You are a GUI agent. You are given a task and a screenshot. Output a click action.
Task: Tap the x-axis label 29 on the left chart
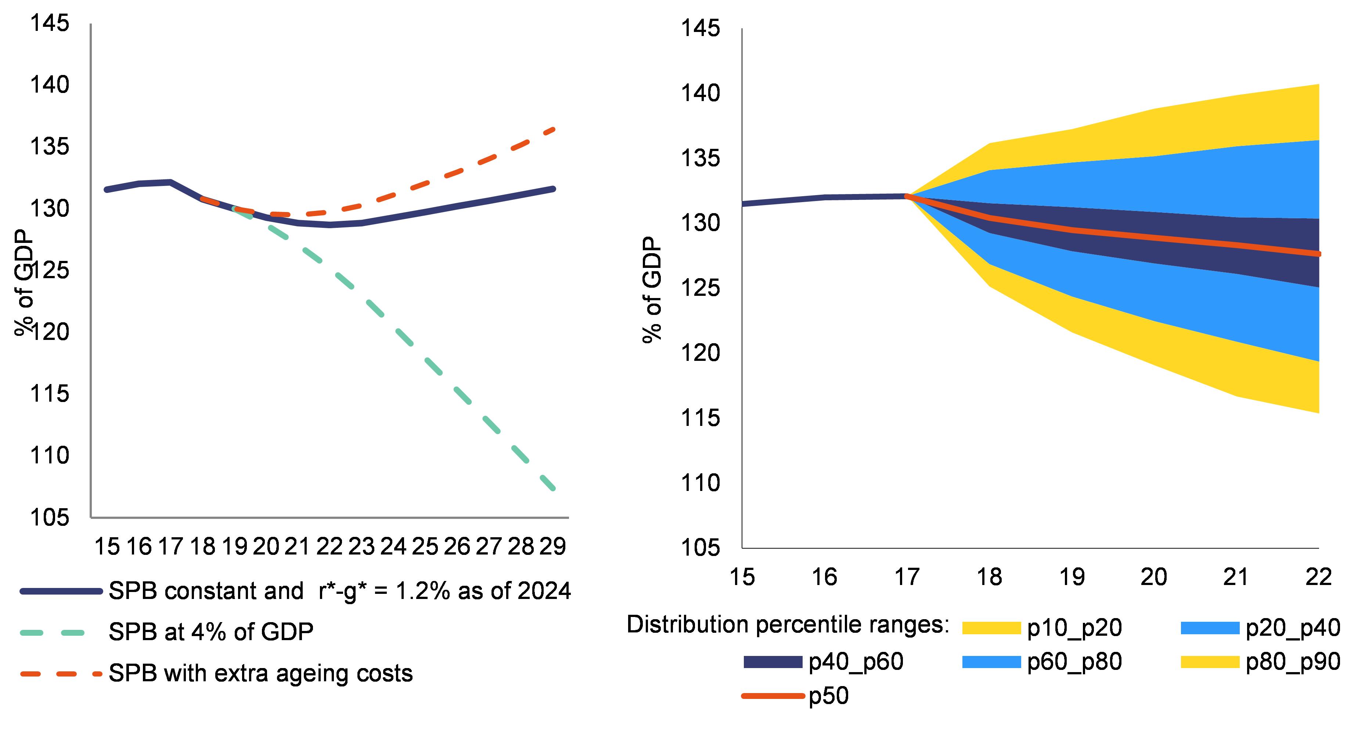tap(553, 546)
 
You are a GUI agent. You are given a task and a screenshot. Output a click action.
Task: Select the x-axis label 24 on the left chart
tap(393, 546)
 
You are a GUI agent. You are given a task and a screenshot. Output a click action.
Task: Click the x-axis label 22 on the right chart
tap(1318, 577)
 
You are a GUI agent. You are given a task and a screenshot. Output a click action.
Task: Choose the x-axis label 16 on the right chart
tap(824, 577)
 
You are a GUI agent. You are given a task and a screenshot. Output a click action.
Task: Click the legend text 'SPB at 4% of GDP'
tap(211, 631)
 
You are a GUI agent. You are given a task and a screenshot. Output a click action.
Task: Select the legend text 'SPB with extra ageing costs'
tap(260, 674)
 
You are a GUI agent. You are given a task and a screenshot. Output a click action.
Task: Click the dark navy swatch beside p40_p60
tap(772, 662)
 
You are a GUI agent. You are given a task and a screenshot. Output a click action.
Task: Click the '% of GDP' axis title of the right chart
tap(653, 290)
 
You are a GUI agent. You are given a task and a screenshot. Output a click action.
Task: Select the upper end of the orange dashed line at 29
tap(554, 129)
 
